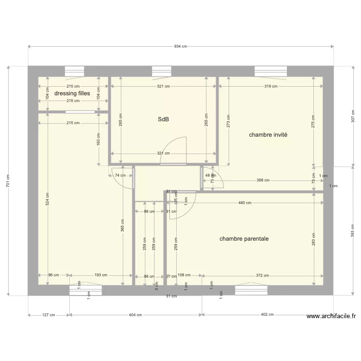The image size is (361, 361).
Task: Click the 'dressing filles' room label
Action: point(72,93)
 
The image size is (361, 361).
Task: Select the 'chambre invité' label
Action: point(268,135)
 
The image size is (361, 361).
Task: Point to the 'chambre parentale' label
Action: point(244,239)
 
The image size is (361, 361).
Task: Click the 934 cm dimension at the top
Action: point(180,46)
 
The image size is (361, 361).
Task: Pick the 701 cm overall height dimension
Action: point(8,180)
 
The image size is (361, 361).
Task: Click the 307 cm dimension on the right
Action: point(352,116)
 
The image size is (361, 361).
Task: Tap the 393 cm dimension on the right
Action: point(352,231)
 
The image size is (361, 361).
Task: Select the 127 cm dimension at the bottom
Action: point(49,315)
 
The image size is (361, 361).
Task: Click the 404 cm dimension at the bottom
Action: point(135,315)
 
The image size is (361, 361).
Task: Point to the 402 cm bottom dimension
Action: point(268,315)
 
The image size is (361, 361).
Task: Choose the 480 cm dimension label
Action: point(245,203)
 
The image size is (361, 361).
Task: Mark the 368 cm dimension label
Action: point(263,180)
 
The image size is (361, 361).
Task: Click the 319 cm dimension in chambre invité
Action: point(271,87)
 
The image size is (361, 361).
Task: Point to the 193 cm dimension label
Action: point(101,275)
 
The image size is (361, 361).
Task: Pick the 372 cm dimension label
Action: point(262,275)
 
